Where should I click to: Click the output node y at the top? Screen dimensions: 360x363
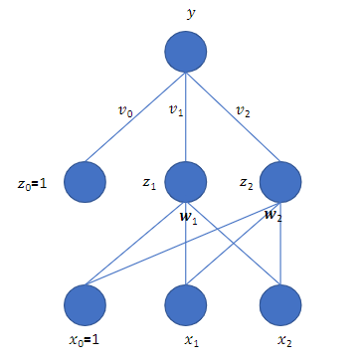point(185,51)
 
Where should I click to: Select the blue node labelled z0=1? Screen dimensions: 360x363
point(85,181)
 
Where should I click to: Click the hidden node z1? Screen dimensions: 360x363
point(185,181)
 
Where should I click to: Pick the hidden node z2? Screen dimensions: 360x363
point(280,181)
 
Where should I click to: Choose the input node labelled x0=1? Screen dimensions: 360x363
point(85,303)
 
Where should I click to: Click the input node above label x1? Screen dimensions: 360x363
point(185,303)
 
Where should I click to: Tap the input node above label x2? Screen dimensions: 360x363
point(280,303)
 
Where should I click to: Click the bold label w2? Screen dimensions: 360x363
point(272,216)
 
